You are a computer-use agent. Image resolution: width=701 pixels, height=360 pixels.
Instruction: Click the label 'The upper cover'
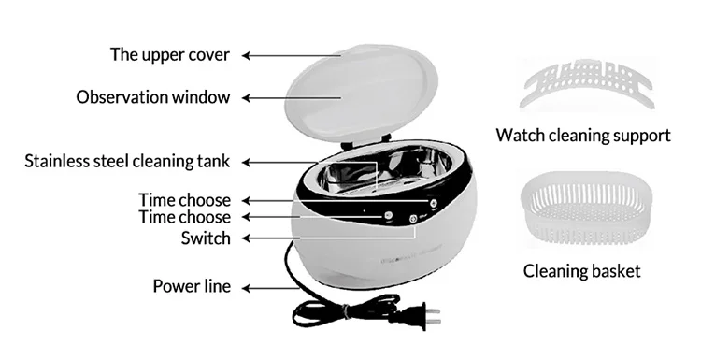point(169,54)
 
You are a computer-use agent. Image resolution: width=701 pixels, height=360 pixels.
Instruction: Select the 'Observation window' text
point(152,97)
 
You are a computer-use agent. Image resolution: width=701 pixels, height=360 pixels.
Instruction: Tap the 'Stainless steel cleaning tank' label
point(127,162)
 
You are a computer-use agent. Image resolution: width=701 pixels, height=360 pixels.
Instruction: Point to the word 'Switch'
point(205,238)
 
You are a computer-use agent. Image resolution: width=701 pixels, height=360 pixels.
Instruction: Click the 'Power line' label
point(191,286)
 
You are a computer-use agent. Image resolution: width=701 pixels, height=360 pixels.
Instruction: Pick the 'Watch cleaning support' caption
point(583,136)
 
